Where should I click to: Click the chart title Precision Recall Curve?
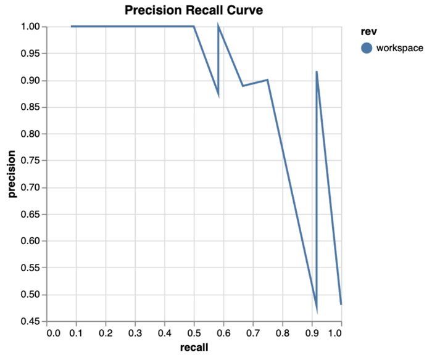pos(194,10)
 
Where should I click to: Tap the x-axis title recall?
pos(194,347)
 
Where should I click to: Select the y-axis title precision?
pos(12,174)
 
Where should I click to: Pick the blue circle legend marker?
pos(367,48)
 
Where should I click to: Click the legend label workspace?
pos(399,48)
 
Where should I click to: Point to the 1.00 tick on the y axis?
pos(30,27)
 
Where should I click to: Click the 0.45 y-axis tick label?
pos(30,321)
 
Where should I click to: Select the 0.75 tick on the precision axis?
pos(30,161)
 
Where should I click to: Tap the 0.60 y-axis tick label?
pos(30,241)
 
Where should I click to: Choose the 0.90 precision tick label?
pos(30,81)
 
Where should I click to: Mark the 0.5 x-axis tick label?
pos(194,333)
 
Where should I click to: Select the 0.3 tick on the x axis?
pos(135,333)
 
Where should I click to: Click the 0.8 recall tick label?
pos(282,333)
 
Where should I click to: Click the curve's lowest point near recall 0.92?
pos(316,310)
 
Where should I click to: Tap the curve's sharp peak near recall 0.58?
pos(218,27)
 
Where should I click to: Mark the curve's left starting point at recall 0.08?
pos(72,27)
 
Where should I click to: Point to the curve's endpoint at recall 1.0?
pos(341,304)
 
